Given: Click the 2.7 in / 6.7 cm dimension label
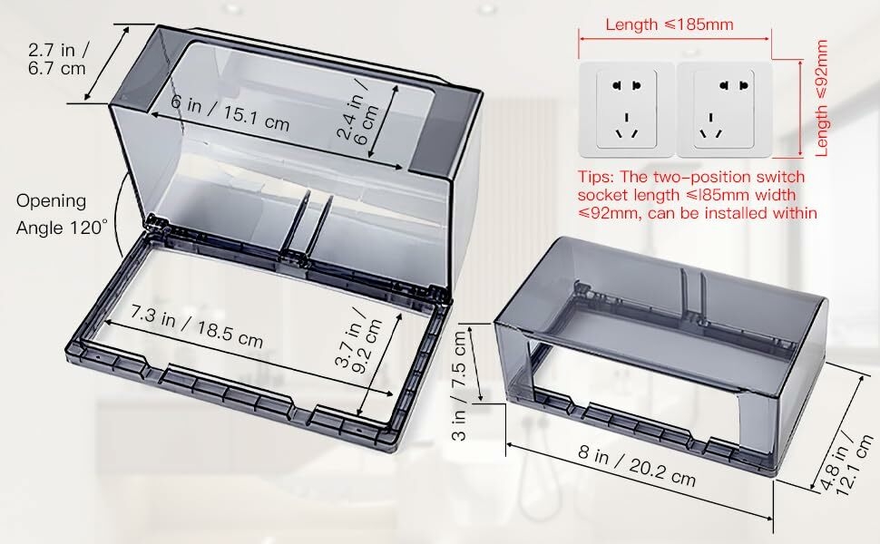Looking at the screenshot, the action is coord(58,59).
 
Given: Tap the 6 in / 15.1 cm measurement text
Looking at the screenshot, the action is coord(230,113).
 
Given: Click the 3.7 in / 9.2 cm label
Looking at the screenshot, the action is coord(358,339).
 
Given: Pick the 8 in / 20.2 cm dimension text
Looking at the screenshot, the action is coord(637,465).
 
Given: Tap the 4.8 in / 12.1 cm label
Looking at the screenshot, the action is coord(846,463).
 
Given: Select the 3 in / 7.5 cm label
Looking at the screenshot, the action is coord(459,385).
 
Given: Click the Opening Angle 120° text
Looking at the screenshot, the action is coord(60,214).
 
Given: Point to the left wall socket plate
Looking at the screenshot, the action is coord(626,110).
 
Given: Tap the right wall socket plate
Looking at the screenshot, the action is coord(724,110).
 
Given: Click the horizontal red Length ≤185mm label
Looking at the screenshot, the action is coord(669,24).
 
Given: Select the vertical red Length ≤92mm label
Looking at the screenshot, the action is coord(822,98).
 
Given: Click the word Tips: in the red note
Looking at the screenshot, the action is coord(597,177).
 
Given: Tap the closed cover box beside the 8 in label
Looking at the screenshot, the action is coord(661,355).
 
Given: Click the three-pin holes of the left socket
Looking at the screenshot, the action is coord(626,128).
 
